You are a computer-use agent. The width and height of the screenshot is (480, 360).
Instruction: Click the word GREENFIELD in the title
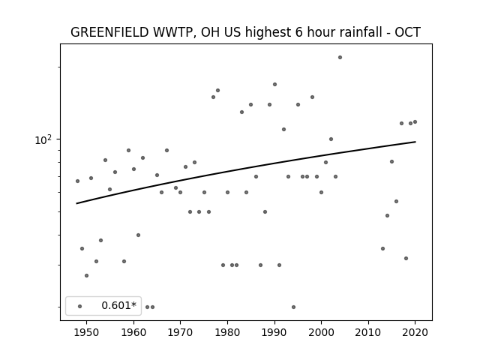109,32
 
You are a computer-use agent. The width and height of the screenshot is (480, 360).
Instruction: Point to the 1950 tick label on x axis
87,332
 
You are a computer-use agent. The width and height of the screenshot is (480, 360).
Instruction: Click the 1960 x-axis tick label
133,332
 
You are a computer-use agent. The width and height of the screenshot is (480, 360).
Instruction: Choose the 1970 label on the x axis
180,332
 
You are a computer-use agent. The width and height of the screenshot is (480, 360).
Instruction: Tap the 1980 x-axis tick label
227,332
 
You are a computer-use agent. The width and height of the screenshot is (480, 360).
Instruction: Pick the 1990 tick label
274,332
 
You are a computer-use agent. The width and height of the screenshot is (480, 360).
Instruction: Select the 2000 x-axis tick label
322,332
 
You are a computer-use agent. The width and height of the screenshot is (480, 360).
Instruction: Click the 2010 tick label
368,332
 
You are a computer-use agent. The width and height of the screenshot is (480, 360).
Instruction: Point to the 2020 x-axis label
415,332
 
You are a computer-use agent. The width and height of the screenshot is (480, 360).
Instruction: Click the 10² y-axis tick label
43,140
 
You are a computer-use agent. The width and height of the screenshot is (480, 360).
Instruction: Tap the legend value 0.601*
118,305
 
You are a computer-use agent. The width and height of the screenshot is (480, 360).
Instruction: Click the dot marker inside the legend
80,306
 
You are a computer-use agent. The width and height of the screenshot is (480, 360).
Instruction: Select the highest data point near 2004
340,57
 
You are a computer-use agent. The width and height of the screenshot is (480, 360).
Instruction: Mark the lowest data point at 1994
293,307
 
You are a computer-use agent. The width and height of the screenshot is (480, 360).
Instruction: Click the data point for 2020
415,121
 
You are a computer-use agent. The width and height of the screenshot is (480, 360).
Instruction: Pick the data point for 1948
77,181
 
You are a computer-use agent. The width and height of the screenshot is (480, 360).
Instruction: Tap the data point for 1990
275,85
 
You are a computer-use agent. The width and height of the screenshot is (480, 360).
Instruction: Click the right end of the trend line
415,142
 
